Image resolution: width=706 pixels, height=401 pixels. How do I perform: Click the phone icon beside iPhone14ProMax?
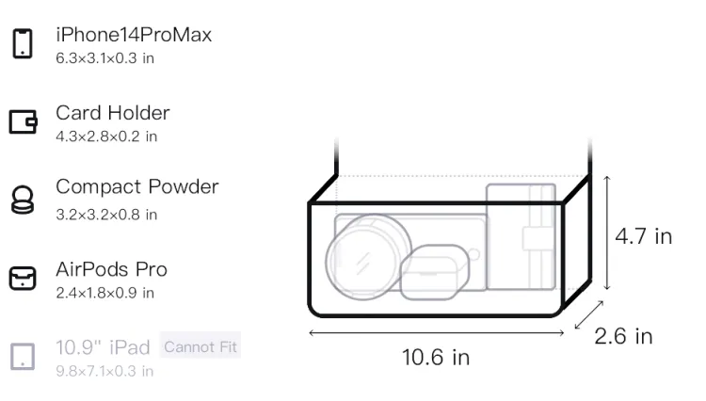[23, 43]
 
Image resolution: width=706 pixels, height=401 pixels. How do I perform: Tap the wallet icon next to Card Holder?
[23, 121]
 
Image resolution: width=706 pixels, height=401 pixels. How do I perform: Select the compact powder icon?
[23, 200]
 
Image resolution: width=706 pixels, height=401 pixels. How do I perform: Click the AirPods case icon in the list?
[23, 278]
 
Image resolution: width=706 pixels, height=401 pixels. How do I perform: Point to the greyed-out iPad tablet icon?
[23, 357]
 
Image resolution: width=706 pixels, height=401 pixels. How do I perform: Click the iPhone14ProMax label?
[134, 35]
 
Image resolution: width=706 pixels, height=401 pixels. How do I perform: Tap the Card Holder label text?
[113, 113]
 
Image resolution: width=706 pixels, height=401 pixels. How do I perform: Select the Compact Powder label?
[137, 186]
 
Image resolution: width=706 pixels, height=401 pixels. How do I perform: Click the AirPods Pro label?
[112, 269]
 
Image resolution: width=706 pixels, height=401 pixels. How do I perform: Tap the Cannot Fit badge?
[201, 347]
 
